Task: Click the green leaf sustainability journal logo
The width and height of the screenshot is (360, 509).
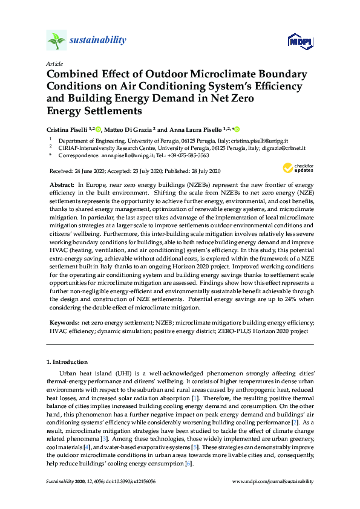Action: pyautogui.click(x=57, y=41)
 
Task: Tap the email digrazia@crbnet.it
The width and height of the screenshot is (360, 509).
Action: pyautogui.click(x=283, y=148)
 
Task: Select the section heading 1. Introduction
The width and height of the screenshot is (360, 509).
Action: pyautogui.click(x=67, y=362)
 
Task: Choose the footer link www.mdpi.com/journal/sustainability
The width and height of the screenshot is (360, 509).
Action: pyautogui.click(x=273, y=481)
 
